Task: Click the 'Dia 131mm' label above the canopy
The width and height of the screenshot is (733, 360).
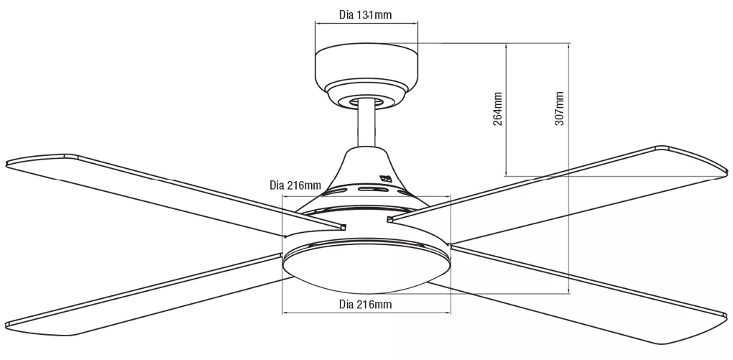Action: pyautogui.click(x=365, y=14)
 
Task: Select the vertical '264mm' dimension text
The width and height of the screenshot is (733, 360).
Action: pyautogui.click(x=497, y=109)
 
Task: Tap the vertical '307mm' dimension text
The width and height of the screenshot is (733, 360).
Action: pyautogui.click(x=560, y=109)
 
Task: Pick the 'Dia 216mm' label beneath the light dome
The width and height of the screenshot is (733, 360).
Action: pyautogui.click(x=365, y=304)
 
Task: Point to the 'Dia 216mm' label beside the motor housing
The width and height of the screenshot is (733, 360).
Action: pyautogui.click(x=295, y=185)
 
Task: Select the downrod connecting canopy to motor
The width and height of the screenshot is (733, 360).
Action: pyautogui.click(x=366, y=126)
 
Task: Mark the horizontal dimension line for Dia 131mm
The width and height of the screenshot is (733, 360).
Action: pyautogui.click(x=366, y=24)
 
